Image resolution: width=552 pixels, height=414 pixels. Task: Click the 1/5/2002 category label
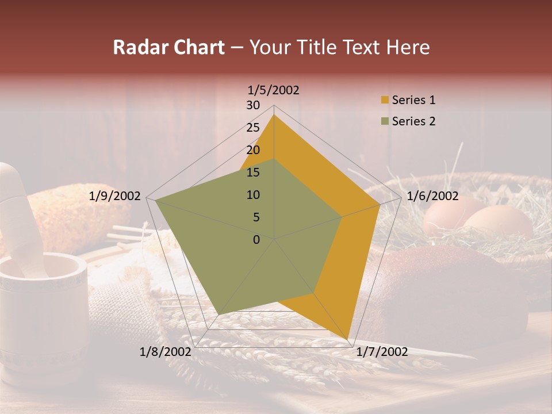coord(274,90)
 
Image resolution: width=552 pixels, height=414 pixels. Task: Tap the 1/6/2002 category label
coord(432,196)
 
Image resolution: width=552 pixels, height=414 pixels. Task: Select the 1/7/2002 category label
coord(382,352)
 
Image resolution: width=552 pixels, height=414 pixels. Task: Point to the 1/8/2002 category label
coord(165,352)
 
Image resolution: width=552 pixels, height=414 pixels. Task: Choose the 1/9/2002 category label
coord(115,196)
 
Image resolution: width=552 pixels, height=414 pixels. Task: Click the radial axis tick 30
coord(253,105)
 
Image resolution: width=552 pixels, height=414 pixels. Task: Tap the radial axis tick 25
coord(253,128)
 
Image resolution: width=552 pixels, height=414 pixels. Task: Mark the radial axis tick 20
coord(253,150)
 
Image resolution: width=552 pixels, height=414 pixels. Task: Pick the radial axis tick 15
coord(253,172)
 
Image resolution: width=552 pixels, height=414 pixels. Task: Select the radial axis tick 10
coord(253,195)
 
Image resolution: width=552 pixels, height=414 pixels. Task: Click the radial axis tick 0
coord(256,240)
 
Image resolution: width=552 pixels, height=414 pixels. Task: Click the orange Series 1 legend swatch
coord(385,101)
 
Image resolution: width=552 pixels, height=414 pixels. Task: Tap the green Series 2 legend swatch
coord(385,121)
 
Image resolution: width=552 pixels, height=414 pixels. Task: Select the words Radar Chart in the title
coord(168,47)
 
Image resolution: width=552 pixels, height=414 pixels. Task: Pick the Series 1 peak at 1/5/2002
coord(274,115)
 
